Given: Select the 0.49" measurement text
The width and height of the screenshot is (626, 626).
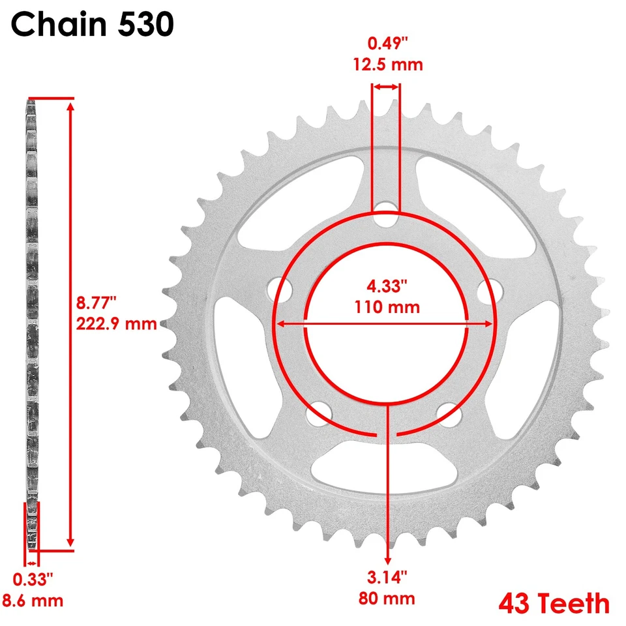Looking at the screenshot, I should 388,44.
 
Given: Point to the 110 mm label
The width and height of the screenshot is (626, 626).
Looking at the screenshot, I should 387,306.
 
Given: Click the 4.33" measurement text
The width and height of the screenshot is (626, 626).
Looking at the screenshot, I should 387,286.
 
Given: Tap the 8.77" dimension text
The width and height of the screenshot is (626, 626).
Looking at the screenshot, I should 96,303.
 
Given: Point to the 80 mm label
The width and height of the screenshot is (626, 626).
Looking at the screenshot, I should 388,597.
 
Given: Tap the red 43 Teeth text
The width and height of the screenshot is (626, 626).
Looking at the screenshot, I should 554,604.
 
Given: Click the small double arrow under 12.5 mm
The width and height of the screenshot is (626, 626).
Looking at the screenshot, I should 386,86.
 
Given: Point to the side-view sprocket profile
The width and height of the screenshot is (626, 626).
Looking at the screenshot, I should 31,313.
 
